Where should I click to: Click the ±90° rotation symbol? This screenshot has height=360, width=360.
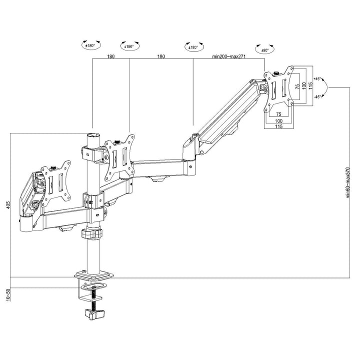pyautogui.click(x=264, y=49)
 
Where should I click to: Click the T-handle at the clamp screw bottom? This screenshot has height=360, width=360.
pyautogui.click(x=93, y=314)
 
